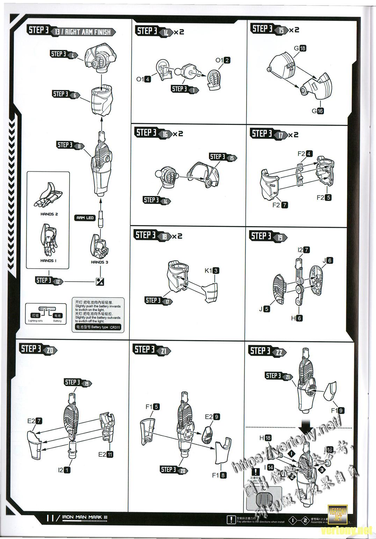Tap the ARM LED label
coord(85,218)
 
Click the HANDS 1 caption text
coord(48,261)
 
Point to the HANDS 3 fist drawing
coord(99,246)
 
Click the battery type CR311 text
coord(96,327)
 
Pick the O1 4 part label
coord(143,79)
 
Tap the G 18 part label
coord(300,48)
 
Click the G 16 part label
coord(318,111)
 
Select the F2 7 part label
coord(280,205)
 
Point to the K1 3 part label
coord(212,270)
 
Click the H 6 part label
coord(296,318)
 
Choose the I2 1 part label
coord(64,470)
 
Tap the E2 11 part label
coord(106,454)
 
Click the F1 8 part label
coord(219,475)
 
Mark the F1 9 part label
coord(337,411)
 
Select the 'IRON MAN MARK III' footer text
coord(85,517)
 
